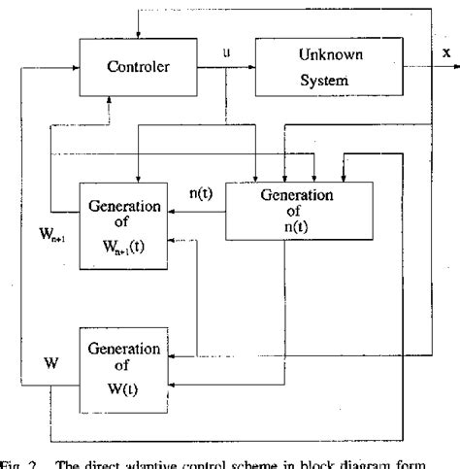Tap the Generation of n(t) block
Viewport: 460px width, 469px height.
[x=283, y=210]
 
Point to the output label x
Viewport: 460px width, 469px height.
[x=445, y=54]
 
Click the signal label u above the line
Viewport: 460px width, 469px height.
[x=226, y=53]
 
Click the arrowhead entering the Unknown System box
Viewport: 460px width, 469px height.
[x=251, y=67]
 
